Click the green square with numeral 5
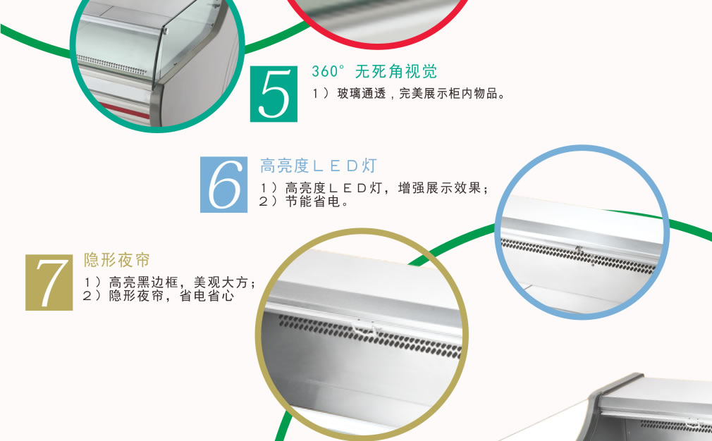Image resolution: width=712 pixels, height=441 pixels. tap(274, 94)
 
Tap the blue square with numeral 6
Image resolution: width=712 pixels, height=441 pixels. tap(224, 185)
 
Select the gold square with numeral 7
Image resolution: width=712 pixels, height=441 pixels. tap(49, 282)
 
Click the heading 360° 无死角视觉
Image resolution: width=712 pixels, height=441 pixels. tap(374, 71)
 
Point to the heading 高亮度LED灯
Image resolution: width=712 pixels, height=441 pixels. tap(319, 166)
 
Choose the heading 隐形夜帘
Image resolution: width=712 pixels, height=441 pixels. tap(117, 260)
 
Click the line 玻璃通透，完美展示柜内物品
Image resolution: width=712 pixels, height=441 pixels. tap(409, 94)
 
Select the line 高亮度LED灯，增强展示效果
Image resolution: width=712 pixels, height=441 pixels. tap(374, 188)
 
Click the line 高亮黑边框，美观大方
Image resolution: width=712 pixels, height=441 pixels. tap(169, 282)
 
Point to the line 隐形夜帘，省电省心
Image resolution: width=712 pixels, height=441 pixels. tap(159, 296)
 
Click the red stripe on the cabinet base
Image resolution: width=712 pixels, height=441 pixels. tap(123, 111)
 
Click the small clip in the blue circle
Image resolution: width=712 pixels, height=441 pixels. tap(579, 249)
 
